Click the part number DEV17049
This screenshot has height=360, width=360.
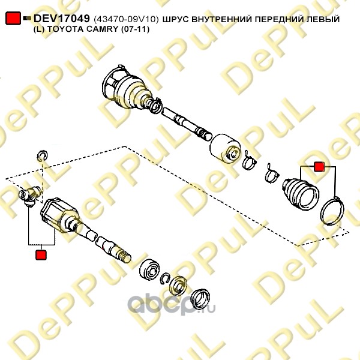[62, 19]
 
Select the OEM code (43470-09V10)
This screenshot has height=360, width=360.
[126, 20]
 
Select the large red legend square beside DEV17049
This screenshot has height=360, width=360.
[13, 18]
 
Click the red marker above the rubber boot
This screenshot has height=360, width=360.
[319, 167]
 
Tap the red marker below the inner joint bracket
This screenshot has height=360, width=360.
[41, 255]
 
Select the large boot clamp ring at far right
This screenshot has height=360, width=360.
[332, 211]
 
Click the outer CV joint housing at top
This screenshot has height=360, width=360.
[127, 88]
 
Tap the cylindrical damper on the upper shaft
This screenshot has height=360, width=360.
[225, 148]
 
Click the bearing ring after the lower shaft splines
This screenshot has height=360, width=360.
[150, 271]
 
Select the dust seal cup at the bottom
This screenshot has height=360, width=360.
[200, 299]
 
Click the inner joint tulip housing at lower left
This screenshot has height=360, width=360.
[59, 215]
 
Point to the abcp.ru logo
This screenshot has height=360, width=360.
[171, 304]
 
